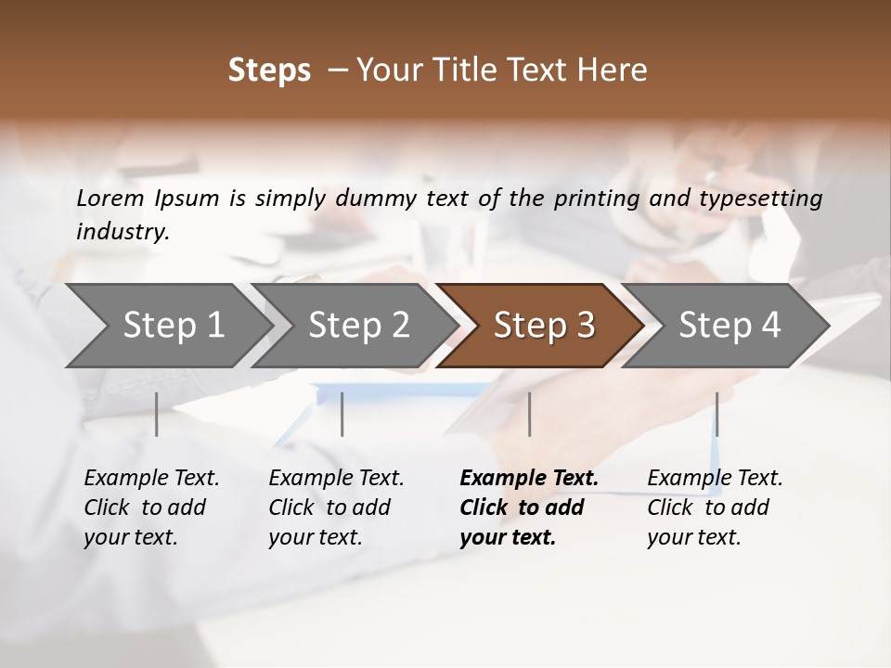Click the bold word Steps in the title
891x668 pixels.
(x=269, y=71)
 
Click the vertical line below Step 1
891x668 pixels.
(x=157, y=414)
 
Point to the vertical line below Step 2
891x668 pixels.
(x=342, y=414)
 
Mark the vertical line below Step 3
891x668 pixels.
(x=529, y=414)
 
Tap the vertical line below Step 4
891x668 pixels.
(x=717, y=414)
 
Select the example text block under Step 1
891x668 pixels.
(x=151, y=507)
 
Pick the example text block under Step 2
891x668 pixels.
(x=336, y=507)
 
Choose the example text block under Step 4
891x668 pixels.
(x=715, y=507)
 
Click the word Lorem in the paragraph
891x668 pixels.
(x=110, y=199)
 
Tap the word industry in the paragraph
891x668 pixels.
(x=122, y=232)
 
